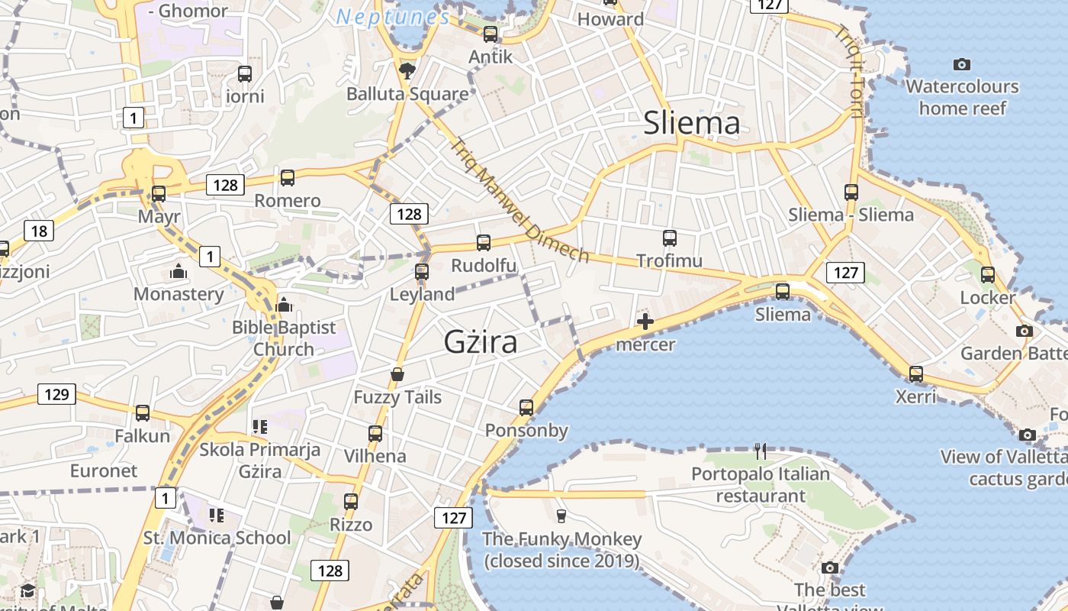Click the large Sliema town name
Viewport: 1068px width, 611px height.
691,123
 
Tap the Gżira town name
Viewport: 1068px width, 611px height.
481,341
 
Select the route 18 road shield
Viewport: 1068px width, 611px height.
39,231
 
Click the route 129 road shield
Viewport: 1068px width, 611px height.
56,395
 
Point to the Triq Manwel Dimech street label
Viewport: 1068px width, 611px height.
520,201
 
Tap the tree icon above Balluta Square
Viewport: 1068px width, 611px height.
407,70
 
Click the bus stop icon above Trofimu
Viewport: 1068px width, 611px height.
670,238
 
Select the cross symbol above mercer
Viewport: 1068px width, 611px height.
645,322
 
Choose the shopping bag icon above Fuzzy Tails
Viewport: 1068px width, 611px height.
397,374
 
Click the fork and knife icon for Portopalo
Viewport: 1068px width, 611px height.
760,451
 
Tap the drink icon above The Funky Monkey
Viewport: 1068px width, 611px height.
561,516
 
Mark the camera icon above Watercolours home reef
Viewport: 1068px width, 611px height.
962,64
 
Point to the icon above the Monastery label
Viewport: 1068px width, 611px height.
179,271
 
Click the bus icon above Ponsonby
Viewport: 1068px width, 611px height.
526,407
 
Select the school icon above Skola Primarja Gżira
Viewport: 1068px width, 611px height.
259,426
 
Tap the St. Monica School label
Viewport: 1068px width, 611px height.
217,538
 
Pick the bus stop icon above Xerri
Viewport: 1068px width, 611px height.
916,374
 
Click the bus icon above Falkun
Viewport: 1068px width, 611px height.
143,413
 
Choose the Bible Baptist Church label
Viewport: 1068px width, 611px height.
284,338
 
